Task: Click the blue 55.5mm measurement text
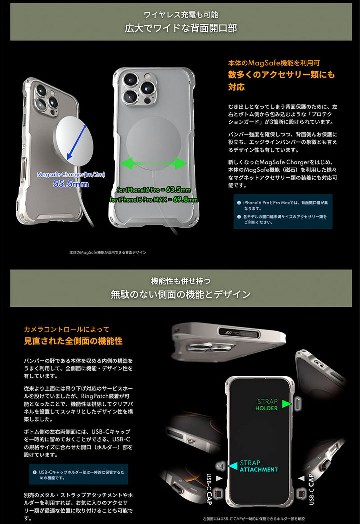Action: (71, 184)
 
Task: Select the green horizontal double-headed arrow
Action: (154, 163)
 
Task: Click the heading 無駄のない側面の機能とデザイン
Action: (180, 294)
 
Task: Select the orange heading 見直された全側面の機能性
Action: (73, 341)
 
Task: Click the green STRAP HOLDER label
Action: (267, 405)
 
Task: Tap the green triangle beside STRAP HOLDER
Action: (287, 404)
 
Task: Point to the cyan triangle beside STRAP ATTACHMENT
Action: (233, 466)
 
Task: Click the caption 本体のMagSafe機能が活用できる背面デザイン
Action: (108, 253)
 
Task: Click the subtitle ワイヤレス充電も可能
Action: (180, 15)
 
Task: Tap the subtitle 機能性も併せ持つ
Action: (180, 280)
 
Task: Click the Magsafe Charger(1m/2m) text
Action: (70, 174)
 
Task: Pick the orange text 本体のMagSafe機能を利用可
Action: (273, 63)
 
